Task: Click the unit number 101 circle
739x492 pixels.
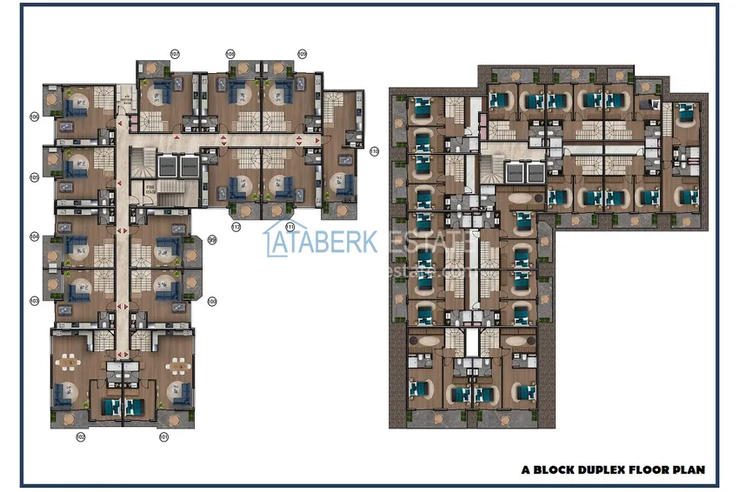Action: tap(163, 437)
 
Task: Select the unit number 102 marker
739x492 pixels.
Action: tap(80, 437)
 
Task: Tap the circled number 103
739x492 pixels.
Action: tap(34, 300)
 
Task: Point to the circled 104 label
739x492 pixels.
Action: tap(34, 236)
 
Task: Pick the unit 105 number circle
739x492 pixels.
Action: tap(34, 177)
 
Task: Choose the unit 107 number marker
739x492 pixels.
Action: tap(175, 53)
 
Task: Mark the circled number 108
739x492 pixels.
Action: tap(230, 53)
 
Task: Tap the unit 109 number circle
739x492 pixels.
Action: tap(303, 53)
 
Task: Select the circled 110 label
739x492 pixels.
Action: tap(374, 151)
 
